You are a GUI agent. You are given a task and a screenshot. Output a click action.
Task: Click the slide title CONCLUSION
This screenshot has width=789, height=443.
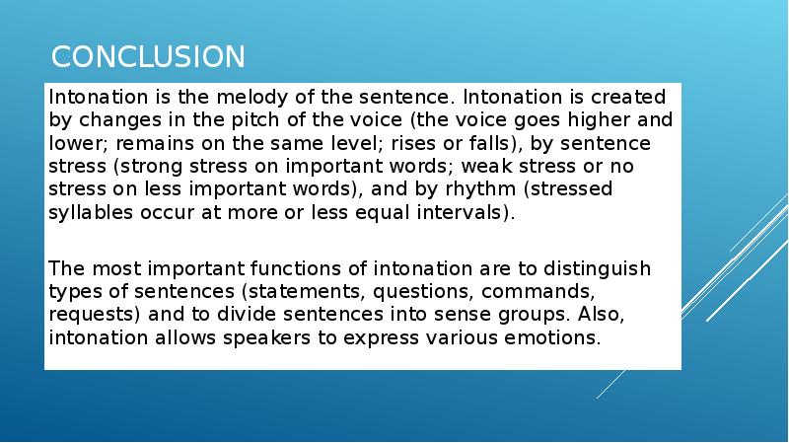[148, 56]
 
